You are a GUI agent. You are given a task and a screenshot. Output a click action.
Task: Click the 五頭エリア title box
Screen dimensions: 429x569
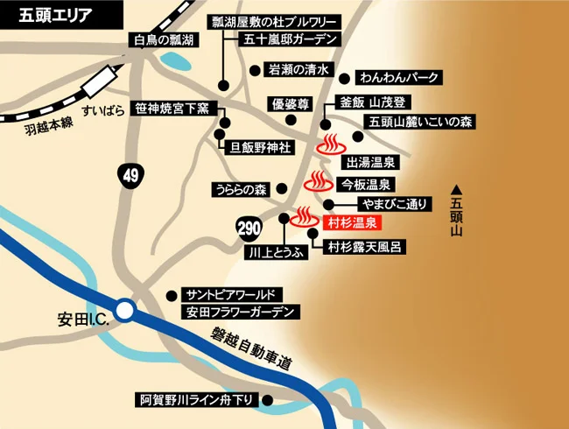coord(47,15)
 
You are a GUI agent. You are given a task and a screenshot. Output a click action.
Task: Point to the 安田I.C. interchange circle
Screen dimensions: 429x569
coord(125,310)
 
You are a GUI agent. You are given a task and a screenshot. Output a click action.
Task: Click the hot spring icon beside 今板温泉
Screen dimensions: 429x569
coord(317,183)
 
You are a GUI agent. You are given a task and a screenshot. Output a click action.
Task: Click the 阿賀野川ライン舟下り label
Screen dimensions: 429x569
coord(199,401)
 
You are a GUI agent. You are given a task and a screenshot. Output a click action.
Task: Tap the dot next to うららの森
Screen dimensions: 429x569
coord(280,188)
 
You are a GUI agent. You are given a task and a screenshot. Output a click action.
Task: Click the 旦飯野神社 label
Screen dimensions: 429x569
coord(260,147)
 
